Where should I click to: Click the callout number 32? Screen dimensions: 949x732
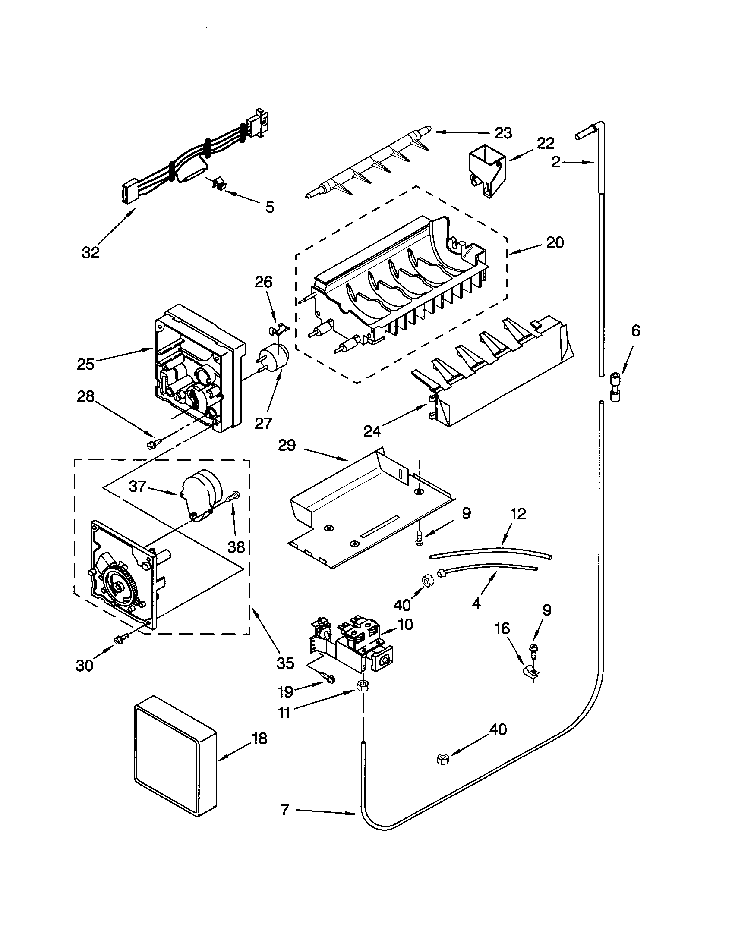[91, 252]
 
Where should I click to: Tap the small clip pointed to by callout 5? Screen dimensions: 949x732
[219, 184]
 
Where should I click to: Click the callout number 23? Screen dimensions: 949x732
[503, 132]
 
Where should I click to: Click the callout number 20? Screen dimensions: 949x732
[555, 242]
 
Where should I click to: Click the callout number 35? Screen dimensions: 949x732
[285, 663]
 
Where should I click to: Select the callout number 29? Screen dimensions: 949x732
[287, 446]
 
